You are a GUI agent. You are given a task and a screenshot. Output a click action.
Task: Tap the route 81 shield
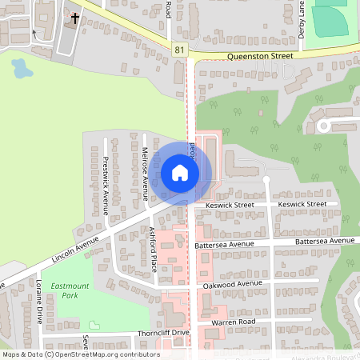[179, 50]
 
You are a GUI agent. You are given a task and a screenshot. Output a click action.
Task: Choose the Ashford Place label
[152, 250]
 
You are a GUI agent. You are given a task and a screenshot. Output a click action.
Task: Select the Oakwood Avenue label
[233, 284]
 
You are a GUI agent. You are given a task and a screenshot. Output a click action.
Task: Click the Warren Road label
[232, 322]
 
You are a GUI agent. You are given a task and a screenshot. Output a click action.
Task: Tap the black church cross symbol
[76, 18]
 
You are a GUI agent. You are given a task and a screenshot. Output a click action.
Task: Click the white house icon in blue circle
[180, 173]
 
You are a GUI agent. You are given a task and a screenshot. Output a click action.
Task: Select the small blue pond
[22, 70]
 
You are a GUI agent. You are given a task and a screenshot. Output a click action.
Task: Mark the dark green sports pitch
[330, 19]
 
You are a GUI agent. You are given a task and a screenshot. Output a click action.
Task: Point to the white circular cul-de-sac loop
[324, 126]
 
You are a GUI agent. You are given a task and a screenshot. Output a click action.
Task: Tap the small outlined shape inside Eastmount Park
[94, 325]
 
